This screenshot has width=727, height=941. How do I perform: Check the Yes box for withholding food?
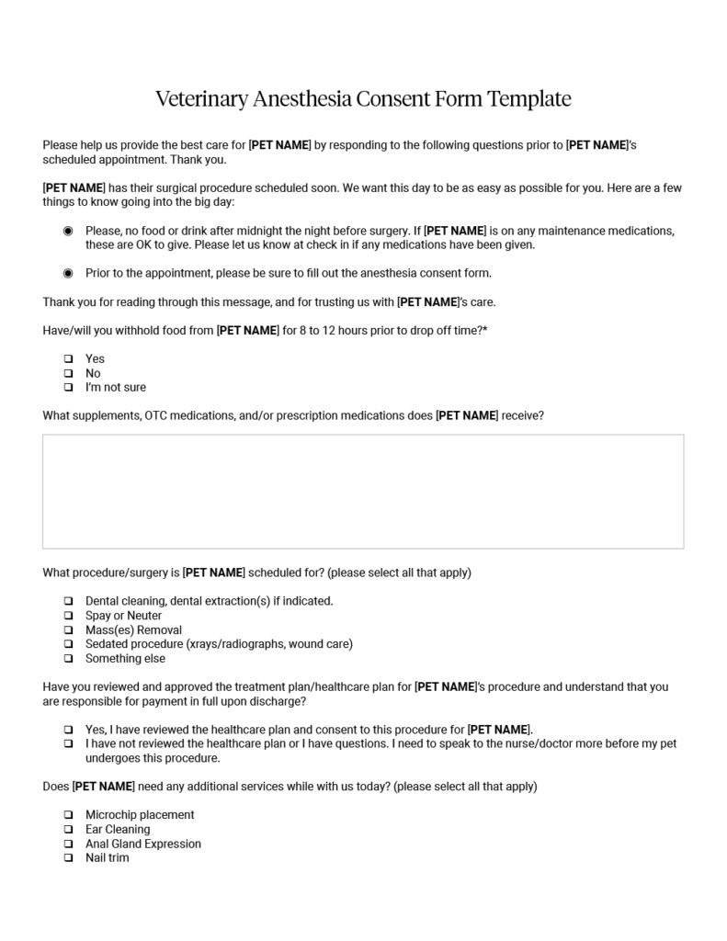tap(68, 358)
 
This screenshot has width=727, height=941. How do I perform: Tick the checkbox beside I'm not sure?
tap(68, 387)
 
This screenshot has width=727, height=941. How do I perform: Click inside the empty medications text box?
tap(363, 492)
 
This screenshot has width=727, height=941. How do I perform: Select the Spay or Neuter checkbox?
tap(68, 616)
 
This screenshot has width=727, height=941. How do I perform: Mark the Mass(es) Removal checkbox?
tap(68, 630)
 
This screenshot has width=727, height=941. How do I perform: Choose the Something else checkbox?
tap(68, 659)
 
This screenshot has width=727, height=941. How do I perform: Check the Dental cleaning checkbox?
tap(68, 601)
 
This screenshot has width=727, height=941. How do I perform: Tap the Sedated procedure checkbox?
tap(68, 644)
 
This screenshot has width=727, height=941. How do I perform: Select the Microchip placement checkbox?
tap(68, 815)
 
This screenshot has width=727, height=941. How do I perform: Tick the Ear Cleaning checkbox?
tap(68, 829)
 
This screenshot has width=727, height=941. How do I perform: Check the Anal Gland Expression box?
tap(68, 844)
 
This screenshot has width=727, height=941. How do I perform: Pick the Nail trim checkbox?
tap(68, 857)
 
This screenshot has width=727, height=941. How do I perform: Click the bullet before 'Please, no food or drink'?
tap(68, 231)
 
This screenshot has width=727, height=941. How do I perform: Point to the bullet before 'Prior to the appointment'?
tap(68, 273)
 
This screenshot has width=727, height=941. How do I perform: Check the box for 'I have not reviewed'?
tap(68, 743)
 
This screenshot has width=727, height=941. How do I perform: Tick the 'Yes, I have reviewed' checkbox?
tap(68, 730)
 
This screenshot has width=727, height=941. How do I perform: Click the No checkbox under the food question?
tap(68, 373)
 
